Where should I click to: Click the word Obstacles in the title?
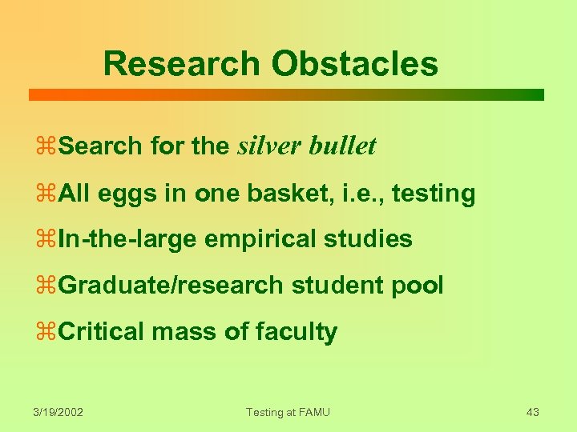coord(355,63)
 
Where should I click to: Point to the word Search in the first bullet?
coord(100,146)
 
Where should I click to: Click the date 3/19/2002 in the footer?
coord(59,412)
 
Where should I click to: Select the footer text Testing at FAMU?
coord(288,412)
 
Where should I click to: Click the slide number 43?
coord(532,412)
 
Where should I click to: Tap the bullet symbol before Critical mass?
coord(48,332)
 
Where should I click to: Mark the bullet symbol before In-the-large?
coord(48,239)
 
